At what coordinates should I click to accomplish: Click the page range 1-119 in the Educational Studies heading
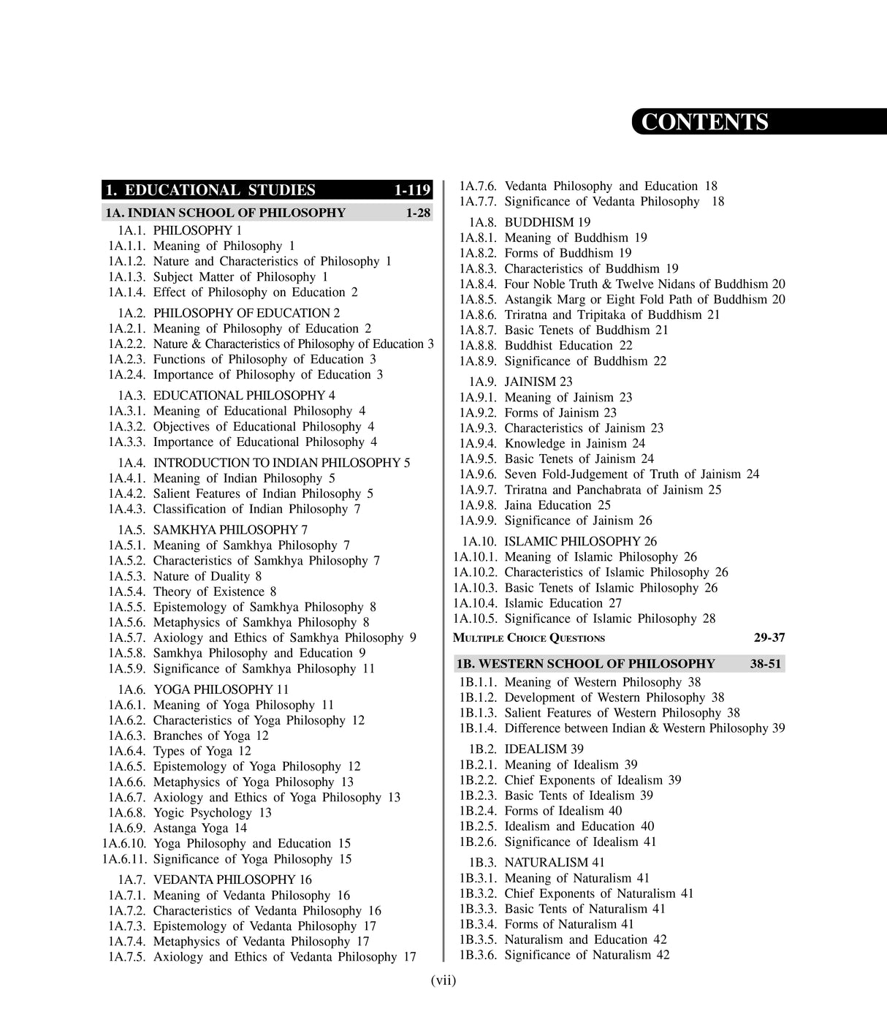412,190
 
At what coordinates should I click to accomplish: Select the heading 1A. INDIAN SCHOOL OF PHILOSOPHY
225,213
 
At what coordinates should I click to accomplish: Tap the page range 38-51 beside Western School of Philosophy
765,664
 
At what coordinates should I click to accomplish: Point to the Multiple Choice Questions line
529,638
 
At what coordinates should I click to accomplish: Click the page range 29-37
769,638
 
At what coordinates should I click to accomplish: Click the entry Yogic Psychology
202,813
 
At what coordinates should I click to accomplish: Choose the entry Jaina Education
557,505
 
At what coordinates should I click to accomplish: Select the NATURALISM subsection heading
555,863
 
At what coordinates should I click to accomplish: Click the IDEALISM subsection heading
543,749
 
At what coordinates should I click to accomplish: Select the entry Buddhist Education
568,345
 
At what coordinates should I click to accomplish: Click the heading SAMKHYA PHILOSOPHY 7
229,529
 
